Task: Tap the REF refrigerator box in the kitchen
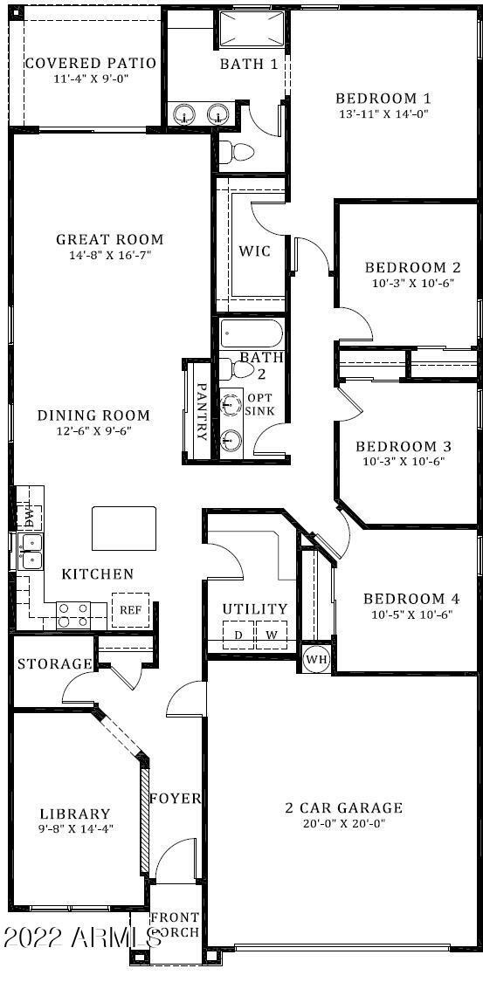coord(130,610)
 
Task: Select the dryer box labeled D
coord(238,635)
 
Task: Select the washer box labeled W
coord(271,635)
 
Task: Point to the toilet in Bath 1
coord(234,153)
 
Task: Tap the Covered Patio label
coord(90,64)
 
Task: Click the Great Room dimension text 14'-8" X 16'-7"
coord(110,255)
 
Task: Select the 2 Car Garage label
coord(343,807)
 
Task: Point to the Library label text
coord(75,814)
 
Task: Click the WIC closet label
coord(255,251)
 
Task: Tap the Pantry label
coord(201,411)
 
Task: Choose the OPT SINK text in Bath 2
coord(259,403)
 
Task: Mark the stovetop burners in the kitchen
coord(73,615)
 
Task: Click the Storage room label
coord(54,664)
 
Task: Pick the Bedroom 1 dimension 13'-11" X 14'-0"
coord(383,113)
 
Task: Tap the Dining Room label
coord(93,415)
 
